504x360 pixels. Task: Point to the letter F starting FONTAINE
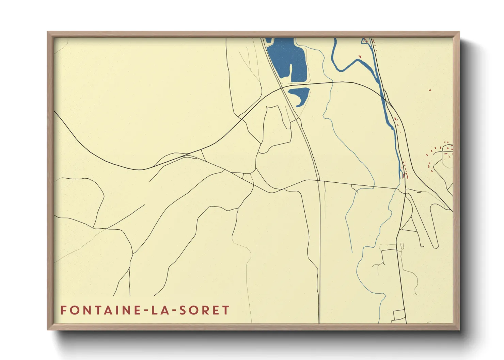tap(63, 310)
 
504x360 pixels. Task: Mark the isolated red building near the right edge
tap(430, 90)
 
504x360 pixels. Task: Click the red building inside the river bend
tap(358, 56)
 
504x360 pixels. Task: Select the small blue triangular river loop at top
tap(364, 41)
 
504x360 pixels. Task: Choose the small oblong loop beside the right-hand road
tap(402, 246)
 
